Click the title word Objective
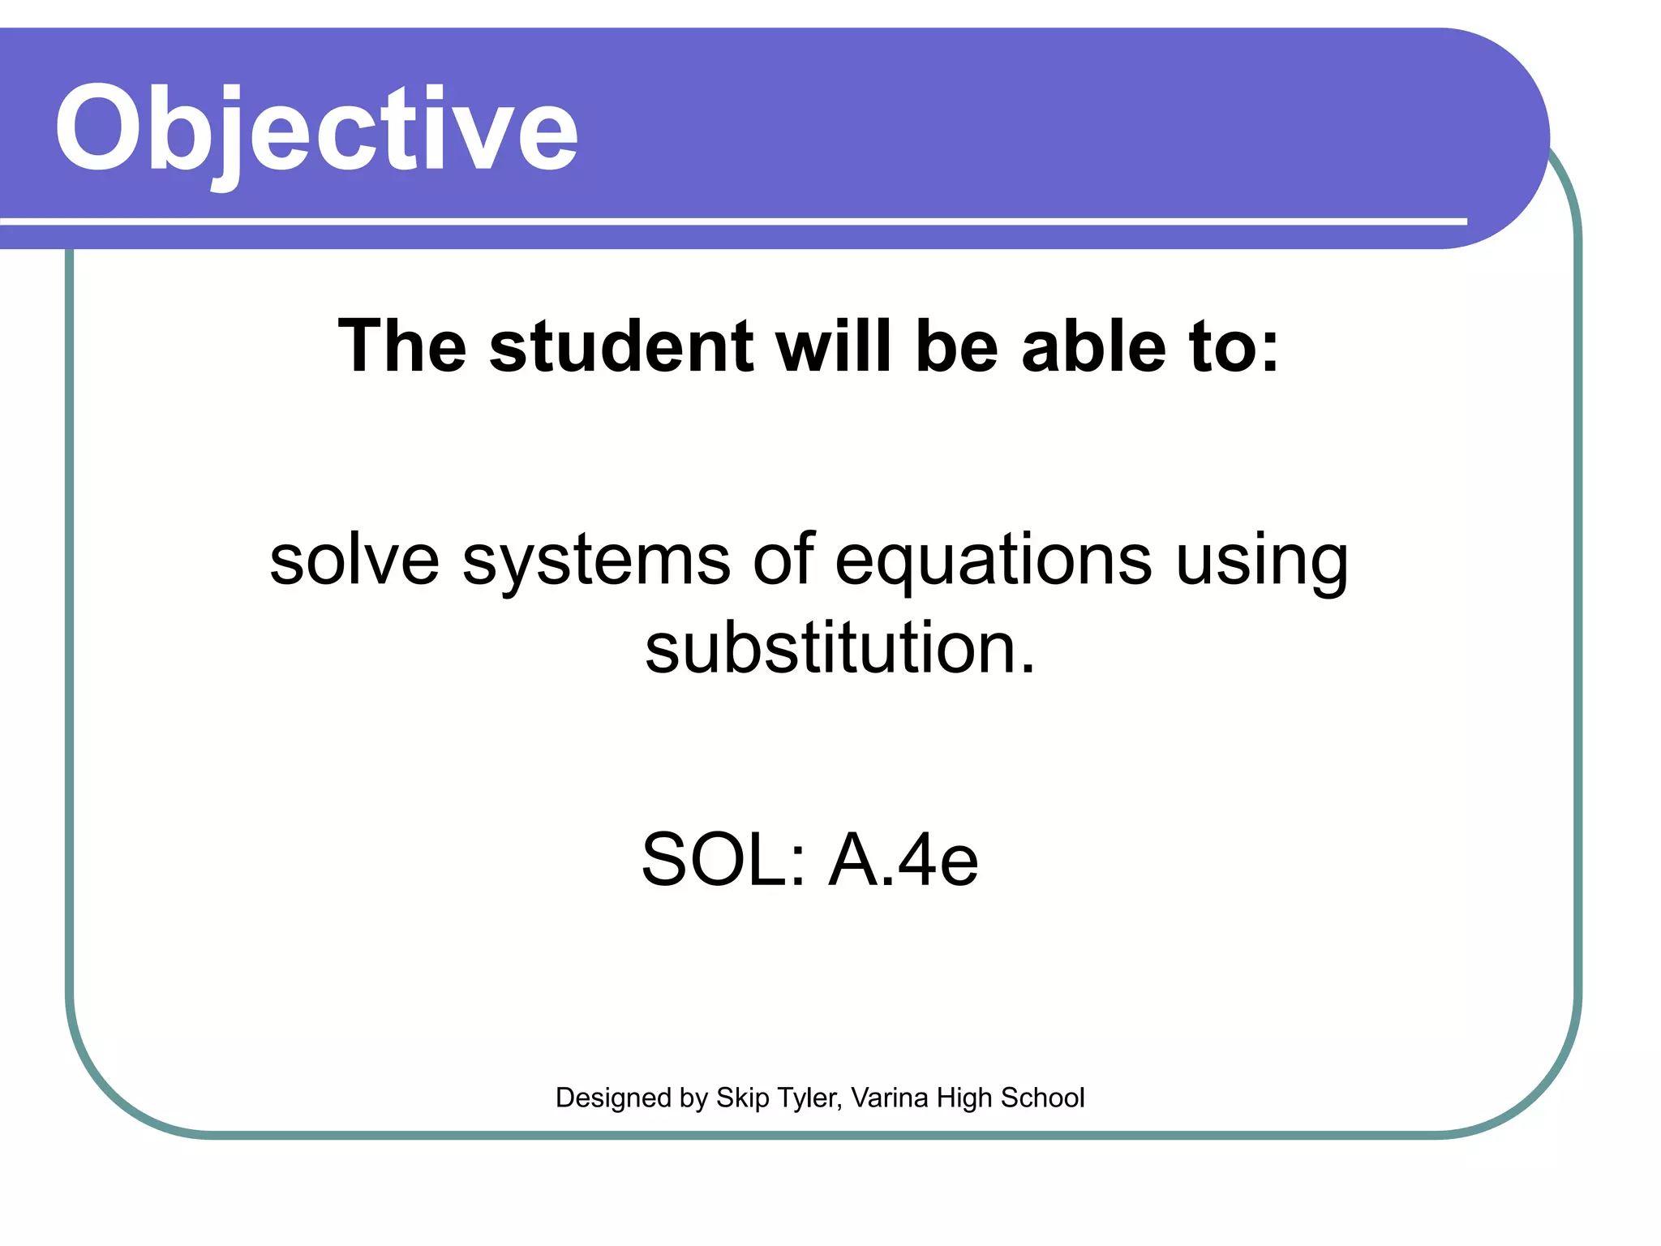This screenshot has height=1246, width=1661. (x=316, y=130)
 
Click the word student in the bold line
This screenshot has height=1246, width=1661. (x=621, y=346)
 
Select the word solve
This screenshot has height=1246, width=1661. (x=354, y=561)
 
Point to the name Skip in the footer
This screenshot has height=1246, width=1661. (x=742, y=1098)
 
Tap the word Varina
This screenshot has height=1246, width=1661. (x=890, y=1098)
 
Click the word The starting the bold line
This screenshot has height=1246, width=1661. (x=402, y=346)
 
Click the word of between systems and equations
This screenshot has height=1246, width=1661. (x=783, y=561)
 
